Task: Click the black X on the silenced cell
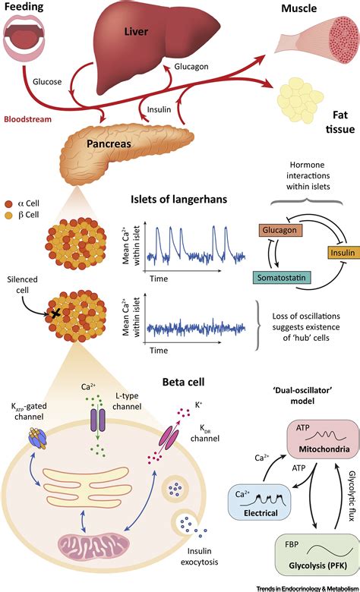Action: tap(55, 313)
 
